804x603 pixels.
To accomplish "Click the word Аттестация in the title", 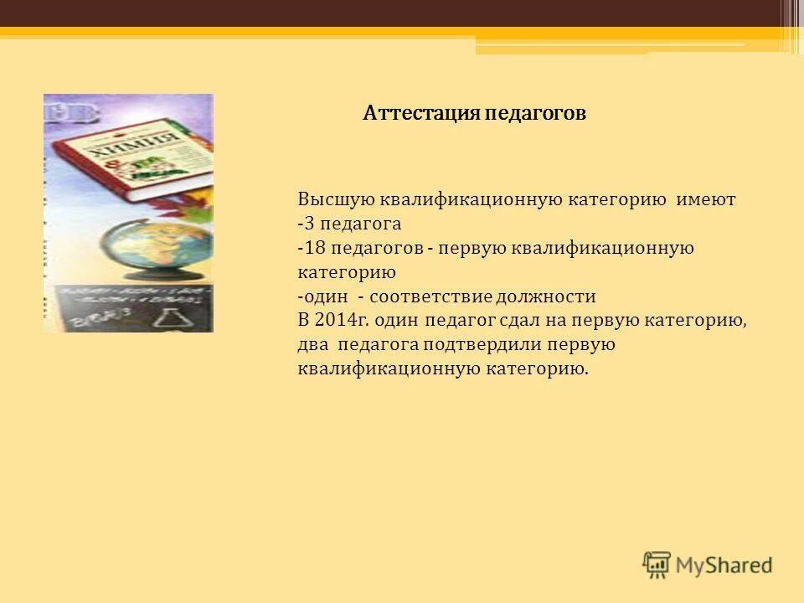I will [422, 113].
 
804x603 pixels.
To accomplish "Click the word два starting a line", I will [313, 344].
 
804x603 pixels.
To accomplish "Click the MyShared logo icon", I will [657, 564].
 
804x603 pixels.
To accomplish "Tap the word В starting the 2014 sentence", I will [303, 320].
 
